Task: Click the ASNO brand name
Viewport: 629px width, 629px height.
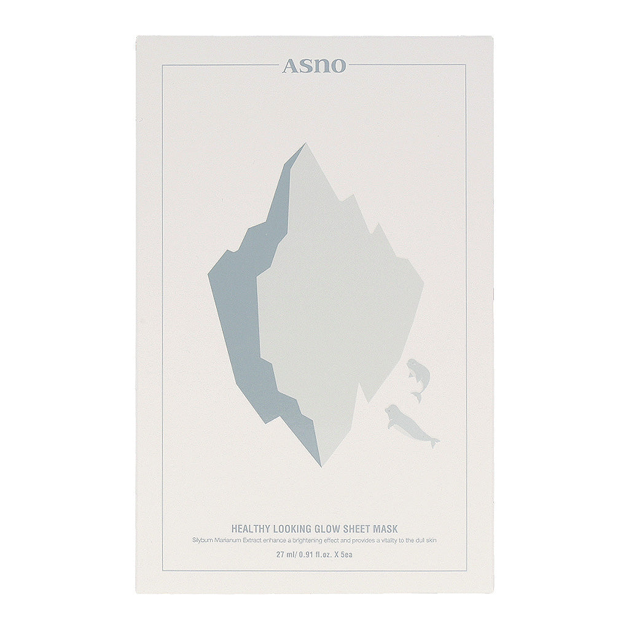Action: click(x=314, y=66)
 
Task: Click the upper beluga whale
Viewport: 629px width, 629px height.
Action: click(x=418, y=375)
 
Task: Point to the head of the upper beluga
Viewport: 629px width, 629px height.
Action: click(x=412, y=366)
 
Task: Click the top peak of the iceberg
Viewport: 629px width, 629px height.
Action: click(x=304, y=145)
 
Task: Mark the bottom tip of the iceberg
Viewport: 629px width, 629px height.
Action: click(x=321, y=464)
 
